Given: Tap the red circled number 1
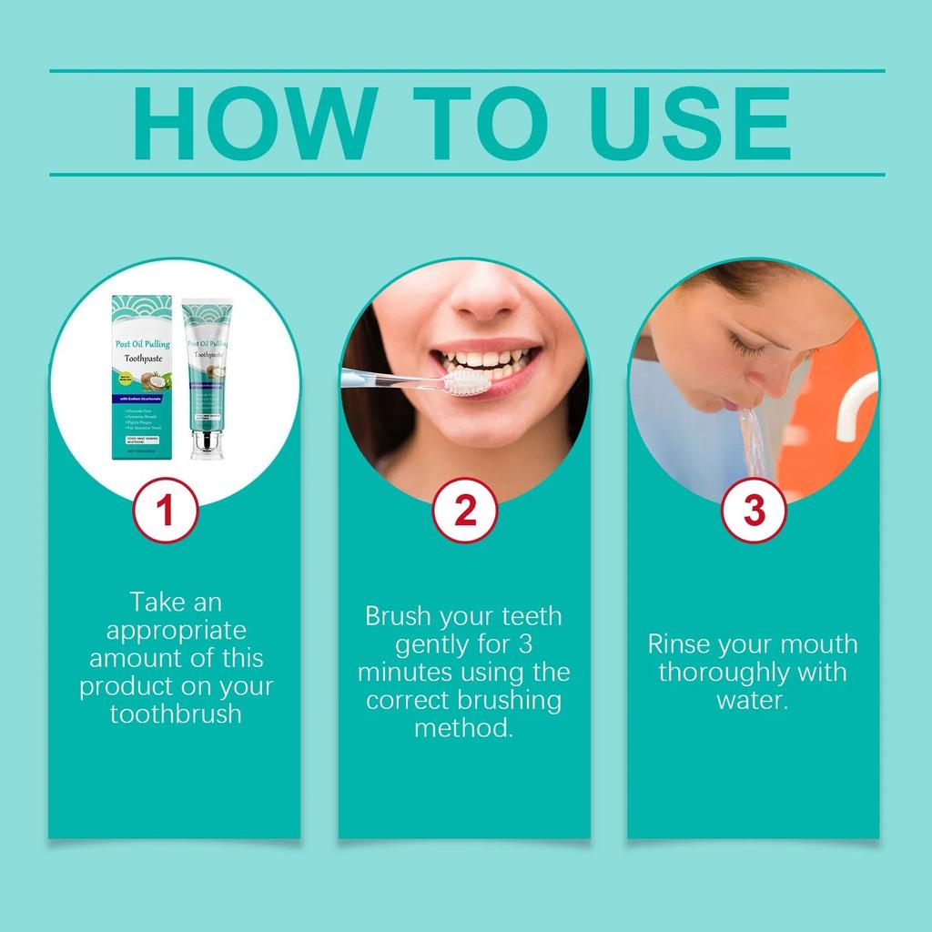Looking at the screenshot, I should pyautogui.click(x=165, y=511).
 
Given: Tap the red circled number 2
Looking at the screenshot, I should pyautogui.click(x=464, y=511).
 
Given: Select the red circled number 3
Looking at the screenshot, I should pyautogui.click(x=754, y=511).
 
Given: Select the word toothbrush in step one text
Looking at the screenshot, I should pyautogui.click(x=176, y=713).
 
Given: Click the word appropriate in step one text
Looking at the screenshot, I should pyautogui.click(x=176, y=631).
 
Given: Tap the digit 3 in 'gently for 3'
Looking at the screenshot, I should pyautogui.click(x=524, y=645).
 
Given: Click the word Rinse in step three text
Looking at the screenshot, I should pyautogui.click(x=678, y=645).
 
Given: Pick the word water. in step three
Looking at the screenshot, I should pyautogui.click(x=752, y=702).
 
